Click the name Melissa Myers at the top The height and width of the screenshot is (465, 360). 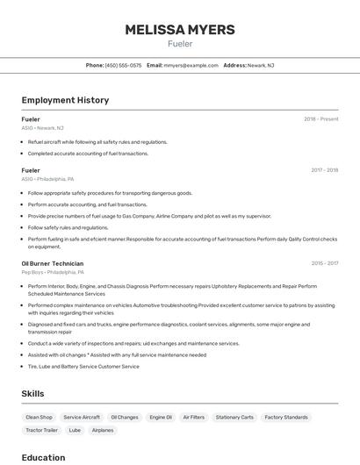[x=180, y=29]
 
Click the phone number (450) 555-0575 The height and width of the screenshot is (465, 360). [x=123, y=65]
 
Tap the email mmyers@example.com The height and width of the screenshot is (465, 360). [x=191, y=65]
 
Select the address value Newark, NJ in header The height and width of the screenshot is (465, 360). [x=261, y=65]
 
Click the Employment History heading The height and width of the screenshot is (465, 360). [x=65, y=100]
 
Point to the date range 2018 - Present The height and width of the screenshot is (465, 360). [x=320, y=119]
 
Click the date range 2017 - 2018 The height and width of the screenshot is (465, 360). [x=324, y=170]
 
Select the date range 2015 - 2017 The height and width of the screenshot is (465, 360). [x=324, y=263]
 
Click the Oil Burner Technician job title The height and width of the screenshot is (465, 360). [x=53, y=263]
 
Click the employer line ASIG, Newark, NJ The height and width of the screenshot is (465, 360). [x=42, y=128]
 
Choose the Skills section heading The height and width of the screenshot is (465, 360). [x=32, y=394]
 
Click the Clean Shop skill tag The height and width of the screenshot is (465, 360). [x=39, y=418]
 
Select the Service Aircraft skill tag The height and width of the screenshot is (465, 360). [x=82, y=418]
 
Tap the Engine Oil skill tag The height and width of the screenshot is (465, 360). [x=161, y=418]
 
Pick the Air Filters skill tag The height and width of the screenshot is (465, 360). [x=193, y=418]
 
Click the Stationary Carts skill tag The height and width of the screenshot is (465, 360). [x=234, y=418]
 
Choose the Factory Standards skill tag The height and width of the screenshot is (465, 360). [x=286, y=418]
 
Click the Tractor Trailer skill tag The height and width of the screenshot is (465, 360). [x=42, y=430]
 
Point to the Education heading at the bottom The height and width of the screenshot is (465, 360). [x=43, y=457]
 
